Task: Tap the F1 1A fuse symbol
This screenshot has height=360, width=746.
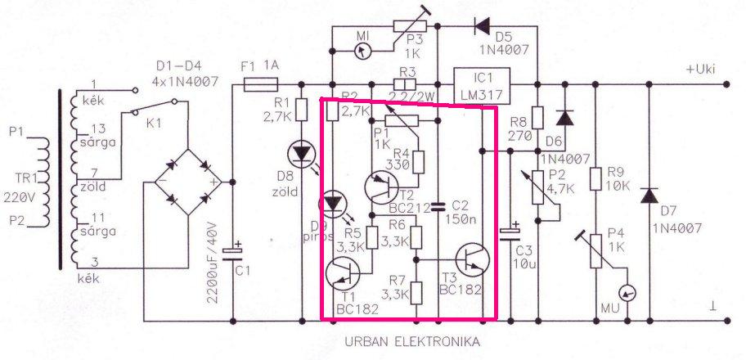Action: pyautogui.click(x=262, y=83)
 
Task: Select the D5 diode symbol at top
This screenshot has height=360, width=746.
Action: pyautogui.click(x=483, y=27)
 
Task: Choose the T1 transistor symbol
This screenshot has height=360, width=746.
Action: pyautogui.click(x=344, y=275)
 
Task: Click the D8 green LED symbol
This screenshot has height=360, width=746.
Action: pyautogui.click(x=301, y=153)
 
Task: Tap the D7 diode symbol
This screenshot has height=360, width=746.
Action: pyautogui.click(x=649, y=196)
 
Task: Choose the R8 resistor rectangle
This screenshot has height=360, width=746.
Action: pyautogui.click(x=537, y=119)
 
